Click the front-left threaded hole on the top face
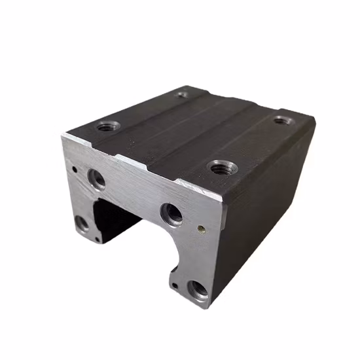pyautogui.click(x=107, y=126)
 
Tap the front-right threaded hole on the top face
pyautogui.click(x=220, y=168)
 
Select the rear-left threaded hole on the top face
pyautogui.click(x=183, y=94)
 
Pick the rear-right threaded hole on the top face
pyautogui.click(x=283, y=120)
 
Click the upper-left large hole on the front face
pyautogui.click(x=97, y=177)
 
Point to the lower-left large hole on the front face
pyautogui.click(x=82, y=224)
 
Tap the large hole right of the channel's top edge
pyautogui.click(x=172, y=213)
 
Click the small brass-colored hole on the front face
pyautogui.click(x=202, y=229)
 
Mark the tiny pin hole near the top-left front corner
pyautogui.click(x=75, y=169)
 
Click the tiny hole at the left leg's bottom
pyautogui.click(x=98, y=239)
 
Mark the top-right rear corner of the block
pyautogui.click(x=313, y=121)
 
